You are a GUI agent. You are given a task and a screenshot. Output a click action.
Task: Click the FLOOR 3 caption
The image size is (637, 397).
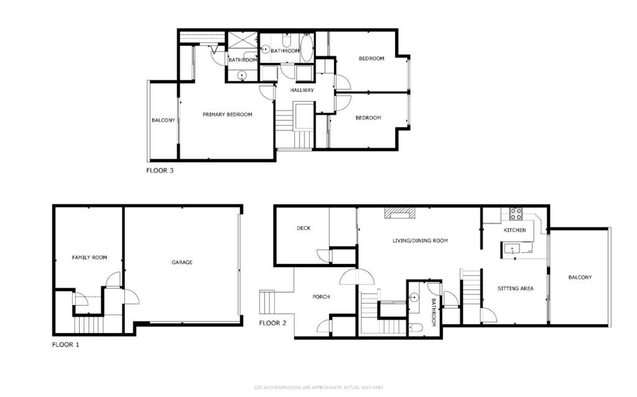(x=160, y=170)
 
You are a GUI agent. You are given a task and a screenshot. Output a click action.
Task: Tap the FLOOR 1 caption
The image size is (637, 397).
(x=65, y=345)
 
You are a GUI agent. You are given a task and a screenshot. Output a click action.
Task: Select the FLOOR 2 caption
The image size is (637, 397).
(x=272, y=323)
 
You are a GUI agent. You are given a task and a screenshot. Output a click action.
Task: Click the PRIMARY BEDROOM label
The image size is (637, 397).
(x=228, y=114)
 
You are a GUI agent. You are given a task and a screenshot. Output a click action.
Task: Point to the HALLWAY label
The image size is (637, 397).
(x=302, y=90)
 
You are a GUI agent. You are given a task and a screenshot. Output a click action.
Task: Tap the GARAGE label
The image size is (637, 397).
(x=182, y=262)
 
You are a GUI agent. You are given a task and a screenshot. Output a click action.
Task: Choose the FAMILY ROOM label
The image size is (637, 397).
(x=90, y=257)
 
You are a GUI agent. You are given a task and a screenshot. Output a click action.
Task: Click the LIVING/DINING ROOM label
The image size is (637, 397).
(x=420, y=240)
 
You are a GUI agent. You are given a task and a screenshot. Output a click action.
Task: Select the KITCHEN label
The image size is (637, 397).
(x=514, y=230)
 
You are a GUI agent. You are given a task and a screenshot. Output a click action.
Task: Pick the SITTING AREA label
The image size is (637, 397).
(x=516, y=289)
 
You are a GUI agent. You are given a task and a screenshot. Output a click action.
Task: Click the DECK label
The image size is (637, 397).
(x=304, y=228)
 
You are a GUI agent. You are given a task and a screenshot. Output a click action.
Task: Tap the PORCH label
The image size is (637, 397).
(x=321, y=297)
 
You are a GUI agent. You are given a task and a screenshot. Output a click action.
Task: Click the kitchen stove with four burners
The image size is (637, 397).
(x=516, y=214)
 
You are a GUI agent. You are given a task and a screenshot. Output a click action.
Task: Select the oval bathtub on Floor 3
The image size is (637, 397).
(x=306, y=48)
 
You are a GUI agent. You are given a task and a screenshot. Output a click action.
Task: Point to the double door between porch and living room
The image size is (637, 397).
(x=356, y=277)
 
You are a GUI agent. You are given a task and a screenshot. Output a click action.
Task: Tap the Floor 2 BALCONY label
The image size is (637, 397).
(x=580, y=277)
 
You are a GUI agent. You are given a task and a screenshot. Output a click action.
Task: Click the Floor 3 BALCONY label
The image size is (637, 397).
(x=164, y=120)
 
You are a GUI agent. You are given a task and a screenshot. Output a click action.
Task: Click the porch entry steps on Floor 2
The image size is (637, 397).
(x=267, y=302)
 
